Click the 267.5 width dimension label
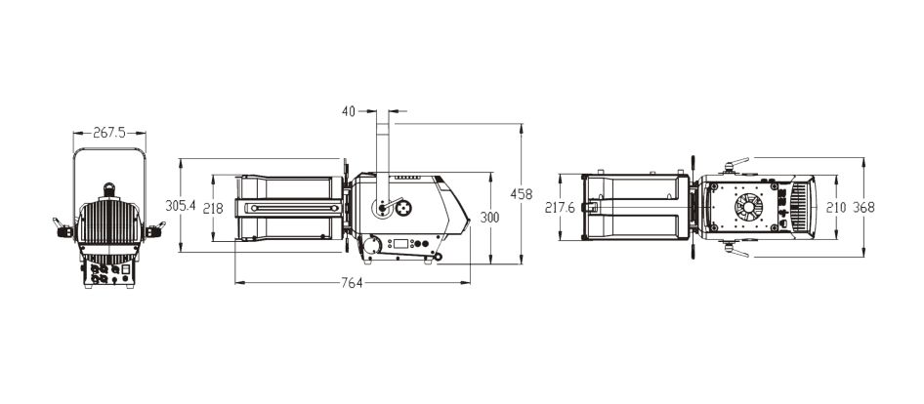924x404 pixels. [109, 133]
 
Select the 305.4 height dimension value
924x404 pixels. [181, 206]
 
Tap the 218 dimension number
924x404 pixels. [213, 209]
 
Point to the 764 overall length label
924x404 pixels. [352, 283]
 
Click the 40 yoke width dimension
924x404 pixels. [349, 111]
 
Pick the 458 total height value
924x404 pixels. [522, 194]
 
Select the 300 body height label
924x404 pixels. [489, 218]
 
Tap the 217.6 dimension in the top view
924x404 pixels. [560, 208]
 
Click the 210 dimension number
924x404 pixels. [836, 207]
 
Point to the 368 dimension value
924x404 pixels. [863, 207]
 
